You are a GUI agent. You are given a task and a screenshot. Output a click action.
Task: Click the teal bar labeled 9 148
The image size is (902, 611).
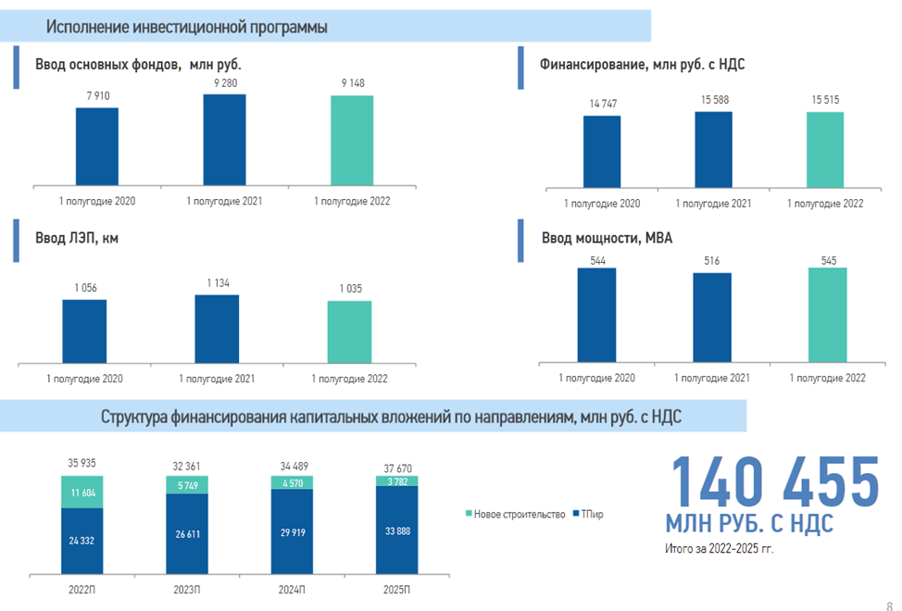point(352,139)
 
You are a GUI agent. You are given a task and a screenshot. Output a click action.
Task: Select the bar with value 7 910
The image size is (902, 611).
point(97,145)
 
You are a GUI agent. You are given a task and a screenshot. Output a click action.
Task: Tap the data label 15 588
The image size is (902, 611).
point(713,100)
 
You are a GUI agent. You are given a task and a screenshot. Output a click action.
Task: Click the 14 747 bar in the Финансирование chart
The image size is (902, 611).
point(602,153)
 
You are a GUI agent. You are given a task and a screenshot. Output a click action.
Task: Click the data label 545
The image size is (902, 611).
point(827,261)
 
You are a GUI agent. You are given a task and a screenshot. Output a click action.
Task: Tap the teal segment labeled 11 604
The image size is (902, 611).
point(82,493)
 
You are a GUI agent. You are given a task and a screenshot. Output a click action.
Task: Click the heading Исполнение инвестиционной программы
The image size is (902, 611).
point(187,28)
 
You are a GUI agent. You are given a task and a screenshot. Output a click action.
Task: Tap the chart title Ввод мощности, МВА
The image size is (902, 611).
point(607,238)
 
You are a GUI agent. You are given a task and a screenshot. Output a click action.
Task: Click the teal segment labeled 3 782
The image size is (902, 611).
point(396,480)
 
